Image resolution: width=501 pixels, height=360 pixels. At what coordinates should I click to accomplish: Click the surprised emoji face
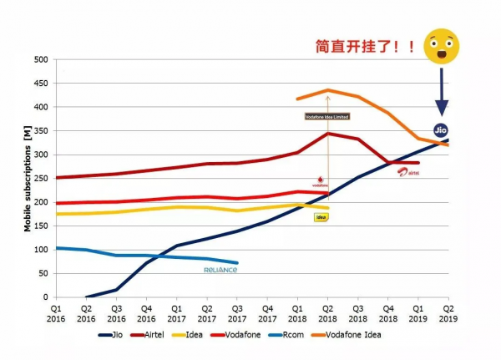pos(442,47)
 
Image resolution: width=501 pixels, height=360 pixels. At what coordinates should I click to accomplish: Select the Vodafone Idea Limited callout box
pos(328,116)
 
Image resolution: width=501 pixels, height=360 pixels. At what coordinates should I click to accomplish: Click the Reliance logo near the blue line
pos(220,270)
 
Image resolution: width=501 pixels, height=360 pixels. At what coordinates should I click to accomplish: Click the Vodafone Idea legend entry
pos(371,336)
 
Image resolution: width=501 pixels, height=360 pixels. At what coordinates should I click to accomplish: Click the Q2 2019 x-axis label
pos(448,312)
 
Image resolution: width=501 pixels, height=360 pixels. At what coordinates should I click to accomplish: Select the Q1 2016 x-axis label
pos(55,312)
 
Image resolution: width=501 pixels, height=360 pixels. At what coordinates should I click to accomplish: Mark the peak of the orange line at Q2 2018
pos(328,90)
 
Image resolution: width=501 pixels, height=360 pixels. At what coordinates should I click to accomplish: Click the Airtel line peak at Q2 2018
pos(328,134)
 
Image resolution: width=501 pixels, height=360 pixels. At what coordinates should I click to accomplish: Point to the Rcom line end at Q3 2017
pos(237,263)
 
